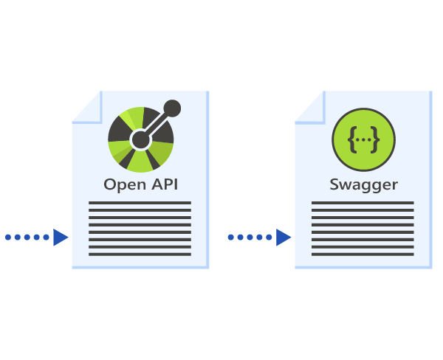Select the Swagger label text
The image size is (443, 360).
click(363, 184)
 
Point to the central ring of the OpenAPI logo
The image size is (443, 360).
click(140, 138)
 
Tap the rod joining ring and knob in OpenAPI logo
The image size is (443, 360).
click(157, 122)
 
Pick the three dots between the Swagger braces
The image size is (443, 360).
click(363, 139)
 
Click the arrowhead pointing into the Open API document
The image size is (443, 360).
click(61, 237)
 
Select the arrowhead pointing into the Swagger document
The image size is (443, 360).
click(284, 237)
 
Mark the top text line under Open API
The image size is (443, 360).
click(140, 203)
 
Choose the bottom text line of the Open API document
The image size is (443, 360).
click(140, 255)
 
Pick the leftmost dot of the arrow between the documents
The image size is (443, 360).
click(231, 237)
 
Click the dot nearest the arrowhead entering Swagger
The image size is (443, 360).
click(269, 237)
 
